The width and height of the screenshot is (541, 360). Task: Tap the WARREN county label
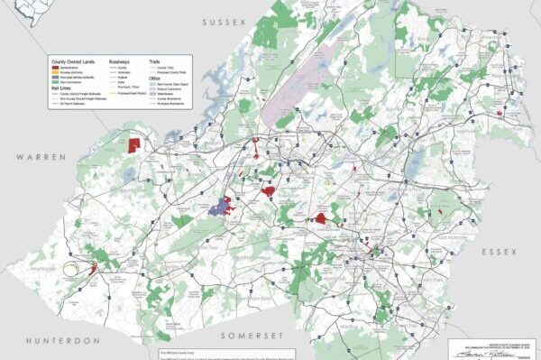click(41, 157)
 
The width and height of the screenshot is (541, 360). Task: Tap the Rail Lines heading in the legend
click(62, 88)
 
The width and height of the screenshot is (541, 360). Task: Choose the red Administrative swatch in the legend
click(57, 67)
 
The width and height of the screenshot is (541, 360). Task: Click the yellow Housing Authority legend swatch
click(57, 72)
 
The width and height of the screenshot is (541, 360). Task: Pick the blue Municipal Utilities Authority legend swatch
click(57, 78)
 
